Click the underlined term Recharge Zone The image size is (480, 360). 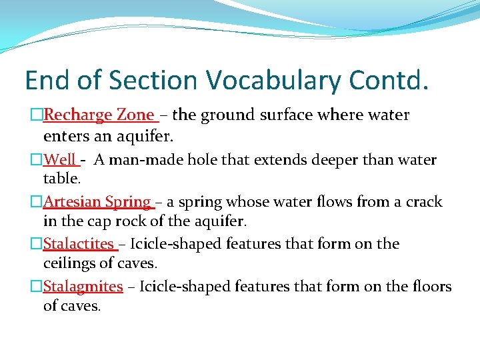pyautogui.click(x=99, y=115)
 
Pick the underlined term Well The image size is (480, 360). pyautogui.click(x=60, y=160)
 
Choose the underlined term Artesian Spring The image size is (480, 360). pyautogui.click(x=97, y=201)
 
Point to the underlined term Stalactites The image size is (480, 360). pyautogui.click(x=79, y=244)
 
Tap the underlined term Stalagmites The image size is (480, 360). pyautogui.click(x=83, y=287)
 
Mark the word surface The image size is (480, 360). pyautogui.click(x=289, y=115)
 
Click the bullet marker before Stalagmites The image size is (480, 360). pyautogui.click(x=37, y=287)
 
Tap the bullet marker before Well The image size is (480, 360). pyautogui.click(x=37, y=160)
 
